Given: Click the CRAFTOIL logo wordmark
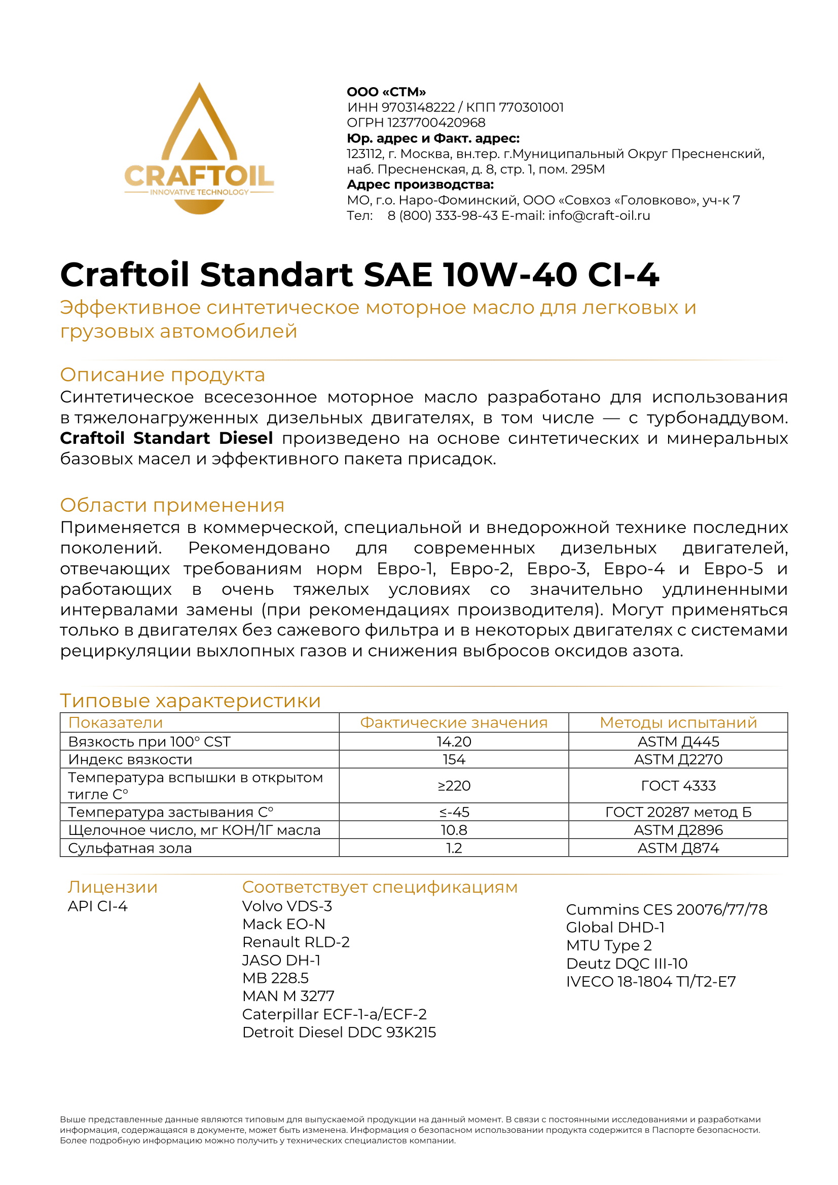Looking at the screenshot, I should [x=199, y=176].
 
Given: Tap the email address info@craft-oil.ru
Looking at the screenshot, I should [x=599, y=216].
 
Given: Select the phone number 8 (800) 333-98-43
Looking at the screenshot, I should [x=443, y=216].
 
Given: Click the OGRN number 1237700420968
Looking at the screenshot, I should [x=436, y=123].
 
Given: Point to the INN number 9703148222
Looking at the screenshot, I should [x=418, y=107].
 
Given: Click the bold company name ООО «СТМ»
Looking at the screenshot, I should [x=386, y=92].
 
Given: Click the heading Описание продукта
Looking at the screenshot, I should [x=162, y=375].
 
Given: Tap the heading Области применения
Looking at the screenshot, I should [x=172, y=505].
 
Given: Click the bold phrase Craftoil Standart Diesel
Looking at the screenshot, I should [x=166, y=438].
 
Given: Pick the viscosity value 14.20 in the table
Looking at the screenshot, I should [x=454, y=742].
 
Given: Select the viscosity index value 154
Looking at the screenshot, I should [x=454, y=759].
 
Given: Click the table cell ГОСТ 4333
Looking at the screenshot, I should [x=678, y=786].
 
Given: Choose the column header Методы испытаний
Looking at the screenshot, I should [x=678, y=722].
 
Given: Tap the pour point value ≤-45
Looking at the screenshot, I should [x=454, y=812].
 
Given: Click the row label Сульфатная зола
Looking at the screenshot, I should [x=130, y=848].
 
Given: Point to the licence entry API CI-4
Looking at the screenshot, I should [x=97, y=906].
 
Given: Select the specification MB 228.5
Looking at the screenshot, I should [x=275, y=978].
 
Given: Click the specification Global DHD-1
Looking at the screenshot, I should [x=615, y=928].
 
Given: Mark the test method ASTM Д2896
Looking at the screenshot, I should [x=678, y=830].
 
